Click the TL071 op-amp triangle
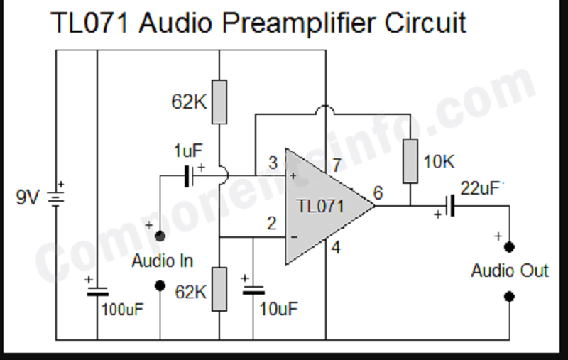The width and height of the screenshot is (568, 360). pyautogui.click(x=323, y=207)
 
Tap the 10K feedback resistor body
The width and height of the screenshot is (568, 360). pyautogui.click(x=410, y=161)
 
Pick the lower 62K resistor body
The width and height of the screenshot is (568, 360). pyautogui.click(x=219, y=288)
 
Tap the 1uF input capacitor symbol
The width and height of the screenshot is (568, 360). pyautogui.click(x=188, y=176)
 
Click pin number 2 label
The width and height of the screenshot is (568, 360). pyautogui.click(x=271, y=224)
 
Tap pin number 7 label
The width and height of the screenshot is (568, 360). pyautogui.click(x=337, y=165)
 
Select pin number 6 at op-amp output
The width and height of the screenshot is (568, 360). pyautogui.click(x=377, y=193)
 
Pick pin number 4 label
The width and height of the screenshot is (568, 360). pyautogui.click(x=337, y=249)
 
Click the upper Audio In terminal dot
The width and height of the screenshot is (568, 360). pyautogui.click(x=160, y=234)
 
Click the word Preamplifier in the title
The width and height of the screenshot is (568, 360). pyautogui.click(x=297, y=23)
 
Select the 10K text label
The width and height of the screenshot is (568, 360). pyautogui.click(x=438, y=162)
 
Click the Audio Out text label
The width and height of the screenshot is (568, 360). pyautogui.click(x=510, y=271)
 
